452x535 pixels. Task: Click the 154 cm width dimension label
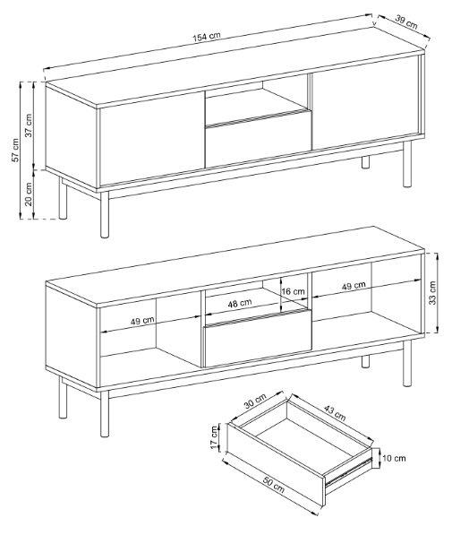(207, 37)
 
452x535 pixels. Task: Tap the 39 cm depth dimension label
(406, 22)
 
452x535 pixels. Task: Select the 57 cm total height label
(15, 151)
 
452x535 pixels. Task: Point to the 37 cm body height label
(29, 125)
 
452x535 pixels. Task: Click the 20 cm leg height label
(29, 194)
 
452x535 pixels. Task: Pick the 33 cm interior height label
(432, 293)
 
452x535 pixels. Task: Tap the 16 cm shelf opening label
(294, 291)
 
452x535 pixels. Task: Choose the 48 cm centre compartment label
(240, 303)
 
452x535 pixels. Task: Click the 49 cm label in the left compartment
(142, 321)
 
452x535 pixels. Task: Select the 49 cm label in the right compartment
(354, 286)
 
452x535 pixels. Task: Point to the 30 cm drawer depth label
(255, 401)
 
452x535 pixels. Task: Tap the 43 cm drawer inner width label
(335, 412)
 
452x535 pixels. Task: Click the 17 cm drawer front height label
(214, 437)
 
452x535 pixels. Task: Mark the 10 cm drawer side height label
(394, 458)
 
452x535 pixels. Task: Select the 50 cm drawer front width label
(273, 484)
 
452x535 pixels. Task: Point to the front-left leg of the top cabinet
(105, 214)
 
